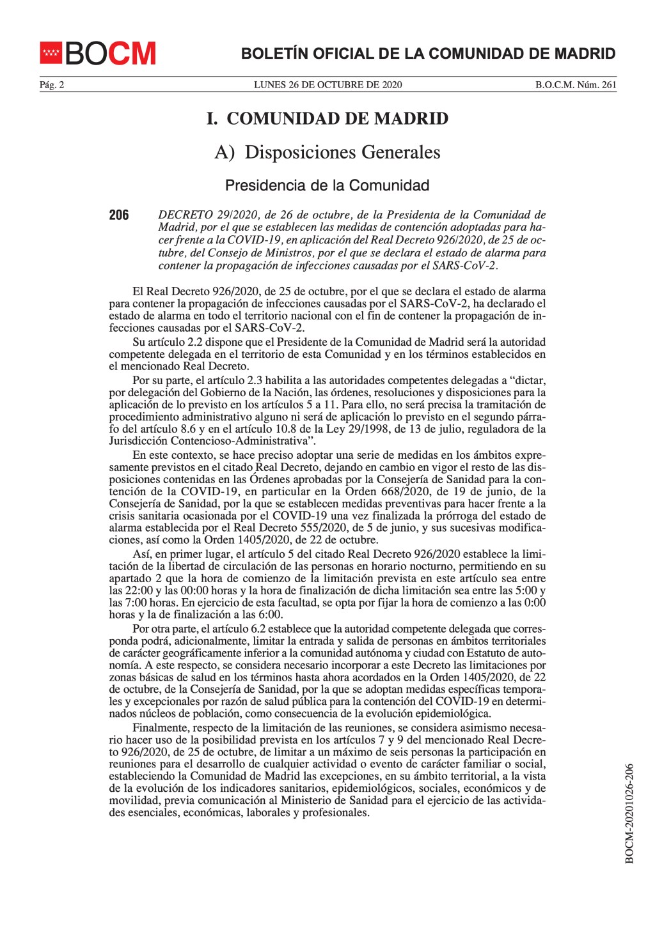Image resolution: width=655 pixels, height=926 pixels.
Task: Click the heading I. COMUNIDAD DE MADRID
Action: click(327, 119)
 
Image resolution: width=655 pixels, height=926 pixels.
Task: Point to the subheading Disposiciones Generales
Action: click(343, 153)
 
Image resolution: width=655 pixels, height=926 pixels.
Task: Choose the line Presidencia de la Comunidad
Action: click(327, 186)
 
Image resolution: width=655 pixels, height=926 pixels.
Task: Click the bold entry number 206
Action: click(119, 215)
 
